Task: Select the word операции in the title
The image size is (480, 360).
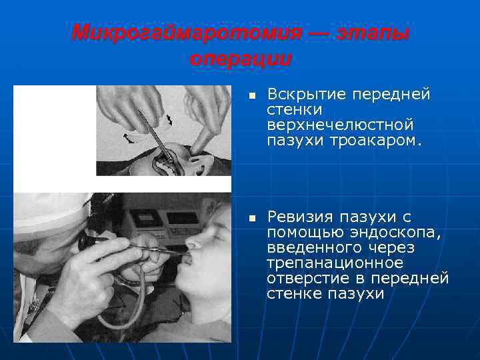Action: (x=240, y=59)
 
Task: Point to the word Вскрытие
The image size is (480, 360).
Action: (x=300, y=95)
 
